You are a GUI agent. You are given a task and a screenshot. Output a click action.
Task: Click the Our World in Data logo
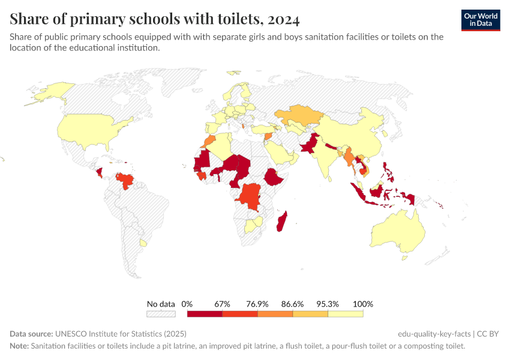(x=480, y=20)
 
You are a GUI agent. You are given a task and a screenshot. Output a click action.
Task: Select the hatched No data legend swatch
(x=161, y=314)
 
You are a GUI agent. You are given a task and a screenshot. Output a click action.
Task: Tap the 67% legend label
(x=222, y=304)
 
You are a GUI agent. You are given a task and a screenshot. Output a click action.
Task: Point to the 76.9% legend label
(x=257, y=304)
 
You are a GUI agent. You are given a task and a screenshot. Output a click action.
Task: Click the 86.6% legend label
(x=293, y=304)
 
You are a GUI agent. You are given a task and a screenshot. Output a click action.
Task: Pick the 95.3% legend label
(x=328, y=304)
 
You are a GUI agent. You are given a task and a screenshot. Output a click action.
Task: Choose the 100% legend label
(x=363, y=304)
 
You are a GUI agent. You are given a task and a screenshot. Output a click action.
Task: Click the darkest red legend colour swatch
(x=205, y=314)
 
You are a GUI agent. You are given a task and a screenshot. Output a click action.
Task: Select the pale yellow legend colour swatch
(x=346, y=314)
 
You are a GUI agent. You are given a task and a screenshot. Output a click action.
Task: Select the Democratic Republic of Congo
(x=250, y=195)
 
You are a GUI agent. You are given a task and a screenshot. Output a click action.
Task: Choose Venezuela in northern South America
(x=125, y=179)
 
